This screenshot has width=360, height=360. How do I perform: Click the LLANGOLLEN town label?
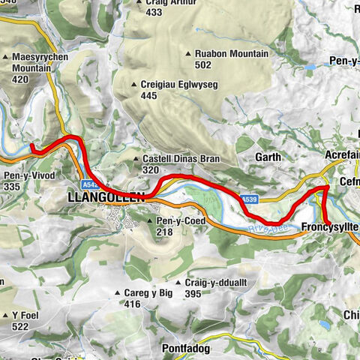(105, 199)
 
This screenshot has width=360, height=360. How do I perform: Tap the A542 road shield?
(91, 184)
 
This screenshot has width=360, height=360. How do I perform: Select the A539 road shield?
(250, 199)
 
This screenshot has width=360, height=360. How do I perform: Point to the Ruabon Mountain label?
(231, 54)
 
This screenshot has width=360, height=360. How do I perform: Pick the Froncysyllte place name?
(330, 226)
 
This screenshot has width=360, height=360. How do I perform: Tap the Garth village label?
(268, 157)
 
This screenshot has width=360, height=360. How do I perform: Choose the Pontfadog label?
(188, 328)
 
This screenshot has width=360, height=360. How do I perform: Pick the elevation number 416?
(133, 304)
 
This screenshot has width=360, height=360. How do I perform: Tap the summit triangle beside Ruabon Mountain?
(188, 54)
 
